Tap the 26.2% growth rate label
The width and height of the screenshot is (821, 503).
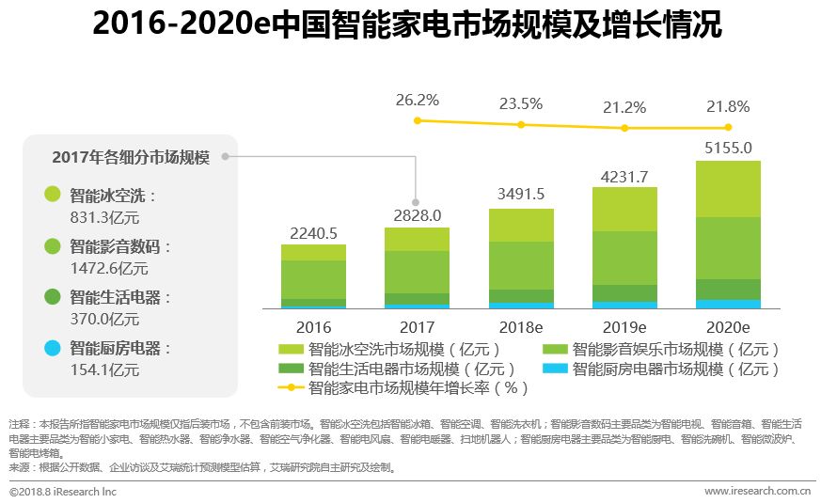click(x=417, y=100)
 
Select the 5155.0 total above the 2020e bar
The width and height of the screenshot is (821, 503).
click(x=728, y=148)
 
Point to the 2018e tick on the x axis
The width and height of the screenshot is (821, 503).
click(x=521, y=327)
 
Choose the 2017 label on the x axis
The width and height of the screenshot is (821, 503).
click(x=417, y=327)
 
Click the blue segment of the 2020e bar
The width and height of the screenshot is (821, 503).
click(x=728, y=304)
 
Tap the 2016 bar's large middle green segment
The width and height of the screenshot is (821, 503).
click(x=313, y=279)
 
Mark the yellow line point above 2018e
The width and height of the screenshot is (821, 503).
click(x=521, y=124)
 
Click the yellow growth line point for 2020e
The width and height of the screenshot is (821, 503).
click(x=728, y=127)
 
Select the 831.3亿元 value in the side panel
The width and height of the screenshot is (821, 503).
click(x=104, y=217)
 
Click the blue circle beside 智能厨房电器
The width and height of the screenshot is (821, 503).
click(x=52, y=348)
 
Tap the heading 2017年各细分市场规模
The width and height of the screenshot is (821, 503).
click(x=130, y=157)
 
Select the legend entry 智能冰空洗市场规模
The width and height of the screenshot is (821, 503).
click(x=405, y=350)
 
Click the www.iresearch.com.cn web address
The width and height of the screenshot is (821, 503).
click(x=757, y=491)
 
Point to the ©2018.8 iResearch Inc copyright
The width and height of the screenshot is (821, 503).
click(x=63, y=491)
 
